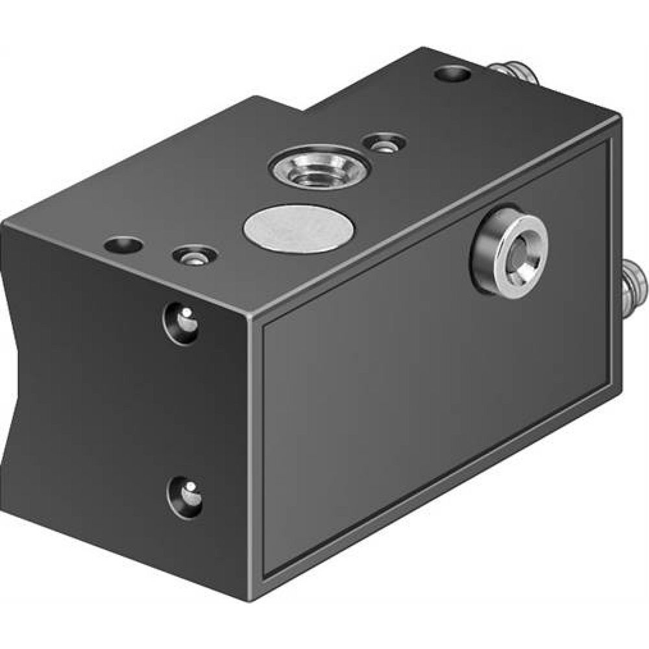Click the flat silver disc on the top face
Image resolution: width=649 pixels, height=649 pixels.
[x=300, y=228]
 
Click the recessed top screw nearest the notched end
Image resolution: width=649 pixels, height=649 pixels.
[x=194, y=255]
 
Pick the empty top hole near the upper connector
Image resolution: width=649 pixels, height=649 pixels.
[x=453, y=74]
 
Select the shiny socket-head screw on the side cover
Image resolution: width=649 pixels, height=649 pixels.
[x=509, y=252]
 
